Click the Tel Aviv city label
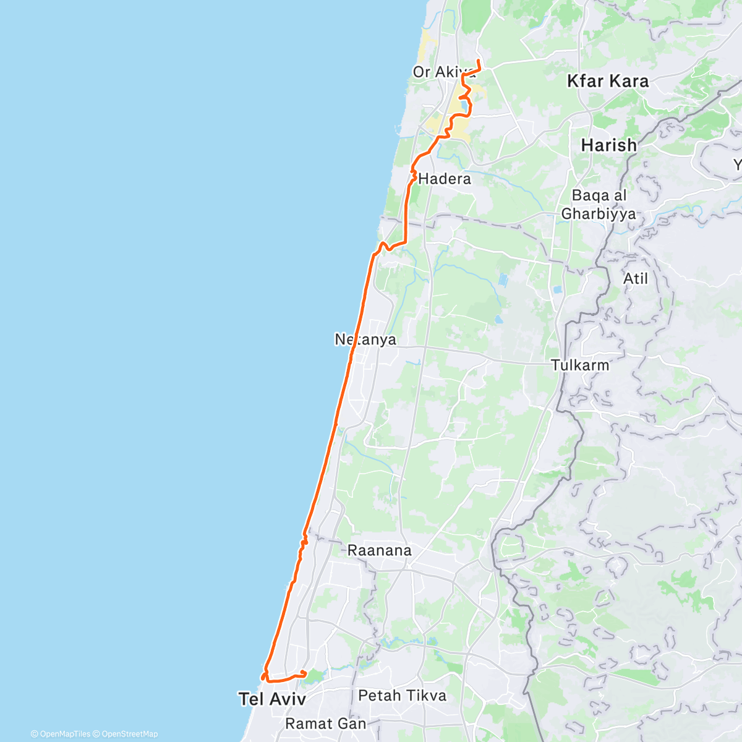tap(272, 699)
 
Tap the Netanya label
tap(365, 339)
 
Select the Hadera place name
tap(445, 179)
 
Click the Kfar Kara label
tap(608, 81)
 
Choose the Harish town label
tap(609, 145)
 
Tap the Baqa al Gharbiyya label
tap(599, 205)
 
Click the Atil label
tap(635, 279)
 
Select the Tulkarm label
tap(580, 365)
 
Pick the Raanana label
tap(379, 550)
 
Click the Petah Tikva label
tap(402, 696)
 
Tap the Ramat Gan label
tap(326, 723)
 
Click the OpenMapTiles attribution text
tap(61, 734)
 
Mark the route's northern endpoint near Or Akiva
tap(479, 61)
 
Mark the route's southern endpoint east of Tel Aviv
tap(305, 673)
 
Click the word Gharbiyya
tap(599, 214)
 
